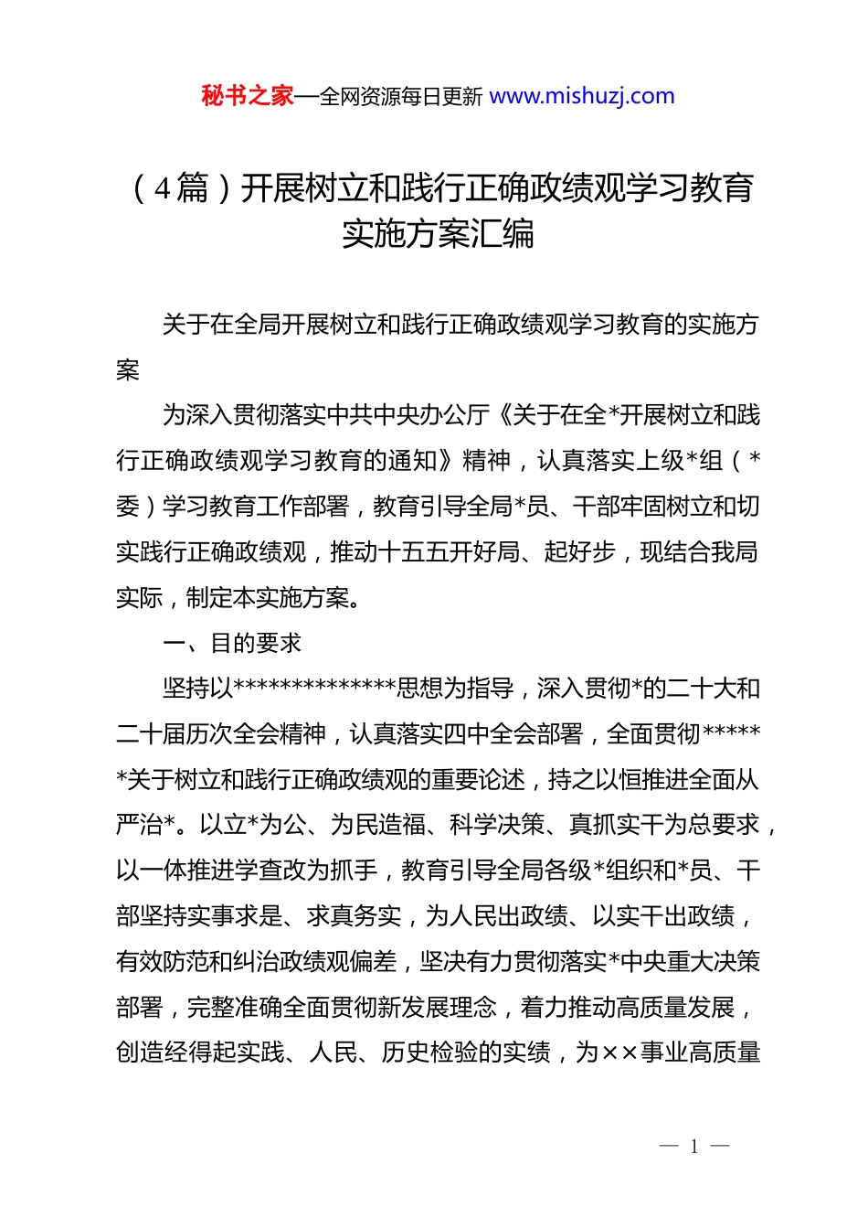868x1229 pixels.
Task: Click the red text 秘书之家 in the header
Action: click(247, 96)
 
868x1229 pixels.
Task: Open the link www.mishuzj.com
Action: click(582, 96)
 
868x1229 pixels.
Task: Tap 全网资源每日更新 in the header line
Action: click(400, 97)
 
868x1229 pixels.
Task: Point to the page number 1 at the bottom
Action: click(694, 1146)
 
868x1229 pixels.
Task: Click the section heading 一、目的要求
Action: click(232, 643)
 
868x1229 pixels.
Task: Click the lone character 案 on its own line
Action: click(128, 369)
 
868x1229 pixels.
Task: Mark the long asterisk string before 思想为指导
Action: click(315, 688)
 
